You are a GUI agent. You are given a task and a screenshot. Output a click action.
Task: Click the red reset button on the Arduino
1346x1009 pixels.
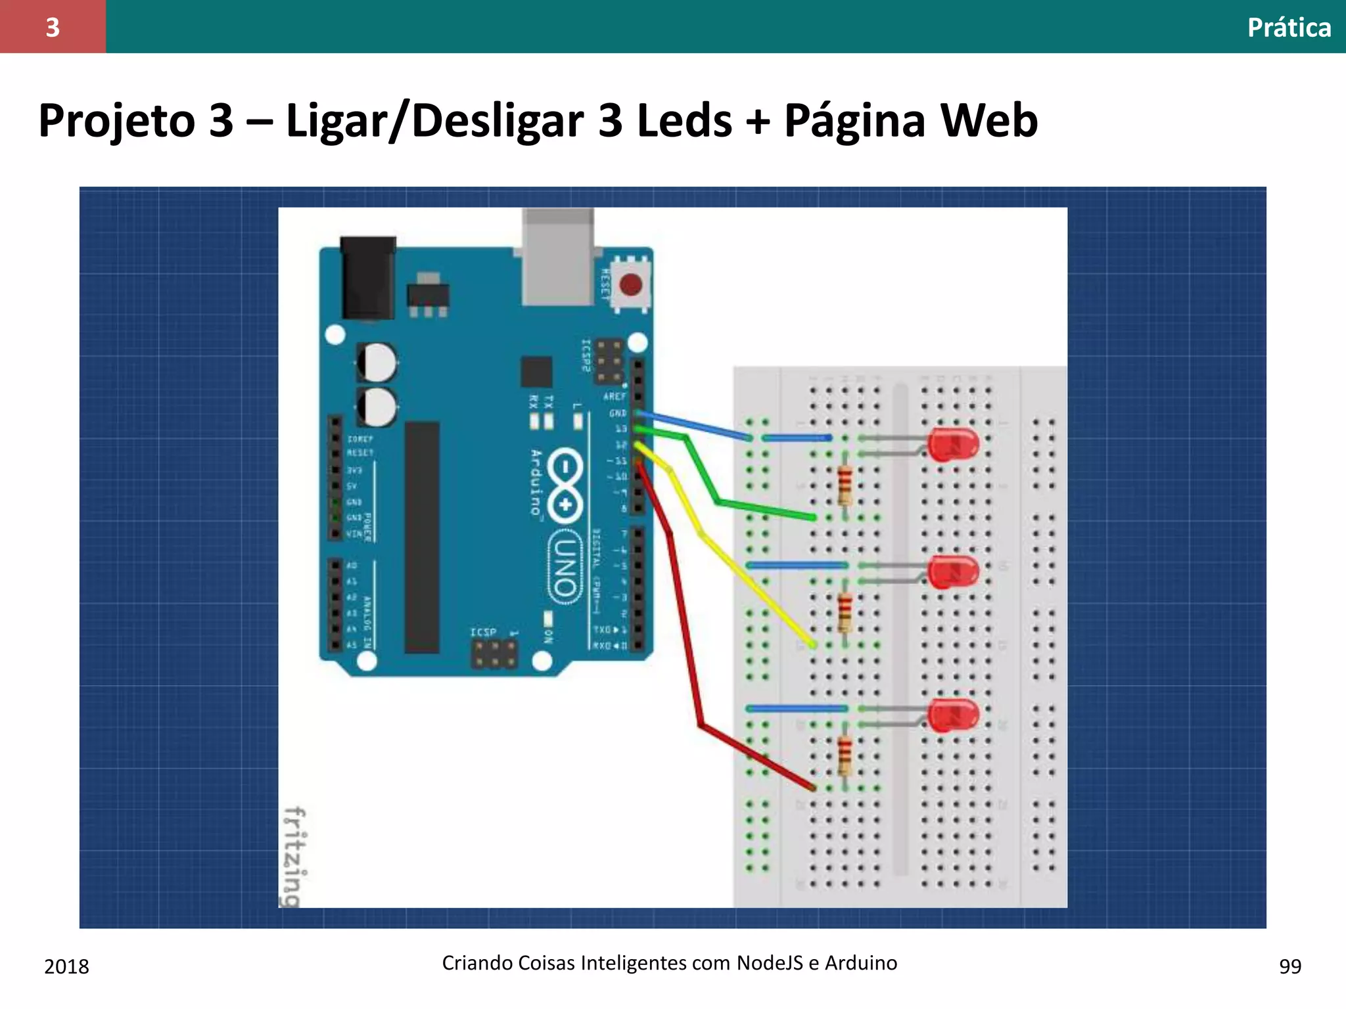click(x=630, y=285)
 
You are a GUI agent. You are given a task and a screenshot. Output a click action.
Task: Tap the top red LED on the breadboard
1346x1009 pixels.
click(x=953, y=445)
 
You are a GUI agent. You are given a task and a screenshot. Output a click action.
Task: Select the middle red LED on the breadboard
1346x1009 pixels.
click(x=953, y=572)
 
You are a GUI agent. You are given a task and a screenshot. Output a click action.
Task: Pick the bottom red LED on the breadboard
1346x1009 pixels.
click(x=953, y=715)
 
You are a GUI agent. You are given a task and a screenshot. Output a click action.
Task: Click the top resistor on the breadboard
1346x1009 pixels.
click(x=845, y=485)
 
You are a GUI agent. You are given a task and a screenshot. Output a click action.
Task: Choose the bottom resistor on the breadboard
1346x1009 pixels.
click(x=845, y=755)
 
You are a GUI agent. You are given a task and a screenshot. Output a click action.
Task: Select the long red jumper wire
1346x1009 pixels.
click(x=684, y=624)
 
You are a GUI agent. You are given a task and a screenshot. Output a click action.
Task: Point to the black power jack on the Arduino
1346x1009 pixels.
click(x=368, y=279)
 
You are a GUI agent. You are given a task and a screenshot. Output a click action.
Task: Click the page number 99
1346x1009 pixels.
click(x=1290, y=966)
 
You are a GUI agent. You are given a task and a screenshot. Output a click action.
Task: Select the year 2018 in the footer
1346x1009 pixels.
click(x=66, y=966)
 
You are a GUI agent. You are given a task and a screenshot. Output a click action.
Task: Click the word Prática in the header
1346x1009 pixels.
click(x=1289, y=28)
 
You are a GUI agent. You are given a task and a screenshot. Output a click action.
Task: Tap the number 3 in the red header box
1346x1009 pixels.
click(x=53, y=27)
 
